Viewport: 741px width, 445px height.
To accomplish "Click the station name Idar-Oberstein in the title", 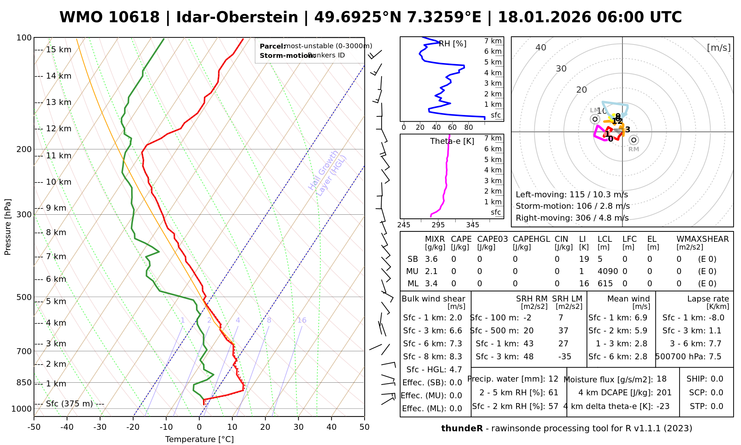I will tap(237, 17).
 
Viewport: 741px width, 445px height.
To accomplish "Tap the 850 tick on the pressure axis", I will tap(24, 383).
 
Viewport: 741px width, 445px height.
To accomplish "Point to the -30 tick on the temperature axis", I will tap(100, 427).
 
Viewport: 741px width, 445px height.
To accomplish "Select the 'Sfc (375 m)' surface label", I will tap(69, 404).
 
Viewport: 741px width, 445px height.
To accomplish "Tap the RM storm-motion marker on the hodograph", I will tap(634, 140).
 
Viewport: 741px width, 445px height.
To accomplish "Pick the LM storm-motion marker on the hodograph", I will tap(595, 119).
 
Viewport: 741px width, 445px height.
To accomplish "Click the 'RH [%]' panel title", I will tap(452, 44).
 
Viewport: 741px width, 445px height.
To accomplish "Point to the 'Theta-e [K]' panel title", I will tap(452, 141).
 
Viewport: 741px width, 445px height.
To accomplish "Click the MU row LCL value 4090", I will tap(608, 271).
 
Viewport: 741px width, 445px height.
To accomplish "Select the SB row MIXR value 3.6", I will tap(431, 259).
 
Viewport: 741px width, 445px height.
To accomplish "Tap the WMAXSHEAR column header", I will tap(702, 239).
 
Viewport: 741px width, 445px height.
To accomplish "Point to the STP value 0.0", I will tap(717, 406).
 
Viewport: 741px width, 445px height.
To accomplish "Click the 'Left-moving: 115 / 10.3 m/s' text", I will tap(572, 195).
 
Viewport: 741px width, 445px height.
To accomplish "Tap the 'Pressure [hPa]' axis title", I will tap(8, 227).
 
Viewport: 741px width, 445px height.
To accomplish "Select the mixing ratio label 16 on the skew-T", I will tap(302, 320).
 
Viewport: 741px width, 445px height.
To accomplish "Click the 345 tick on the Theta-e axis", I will tap(472, 225).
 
